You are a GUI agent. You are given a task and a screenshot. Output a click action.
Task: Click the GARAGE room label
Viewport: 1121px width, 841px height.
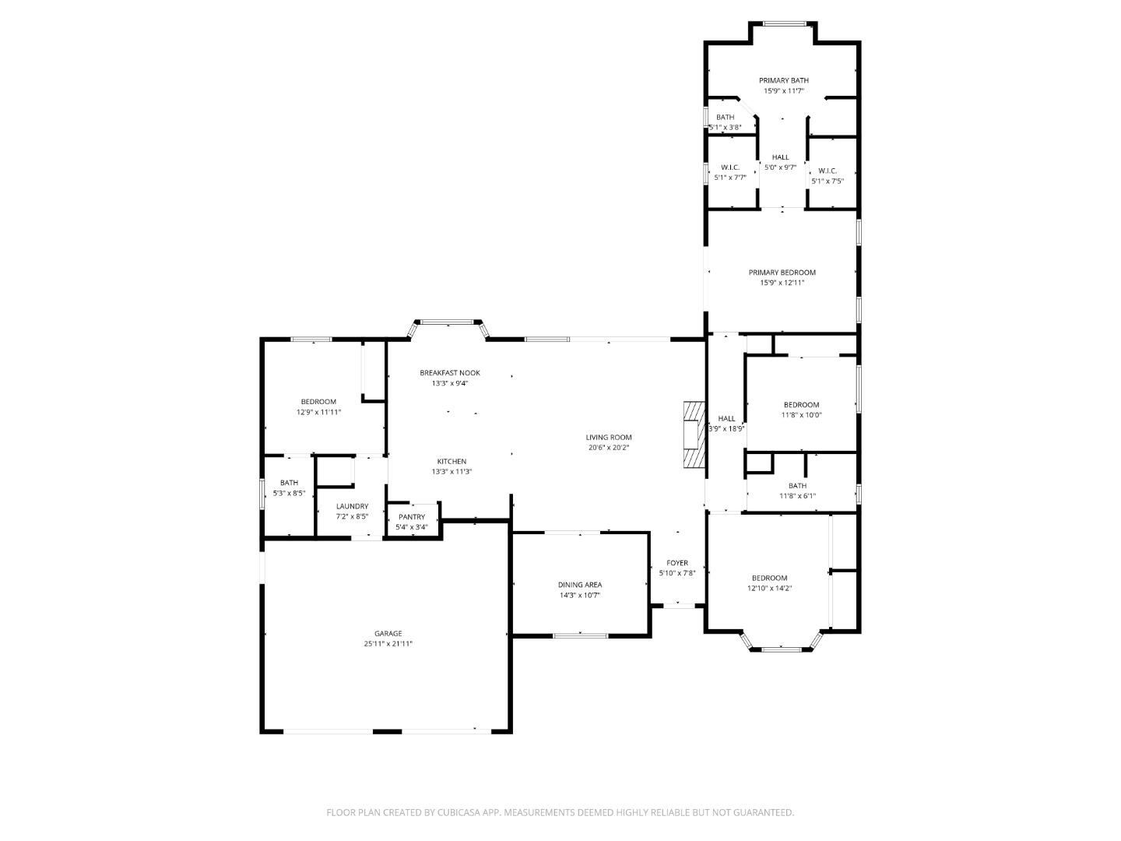387,633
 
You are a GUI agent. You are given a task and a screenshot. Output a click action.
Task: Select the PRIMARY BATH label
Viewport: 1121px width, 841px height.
783,80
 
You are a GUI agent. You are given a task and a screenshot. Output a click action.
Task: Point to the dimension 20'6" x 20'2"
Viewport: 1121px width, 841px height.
609,448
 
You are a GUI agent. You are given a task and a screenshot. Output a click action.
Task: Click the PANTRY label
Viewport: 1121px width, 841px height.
412,517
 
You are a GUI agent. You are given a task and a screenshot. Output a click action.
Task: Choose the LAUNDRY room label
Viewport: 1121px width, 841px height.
352,506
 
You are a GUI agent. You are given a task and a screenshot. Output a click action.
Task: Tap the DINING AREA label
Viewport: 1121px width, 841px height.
579,585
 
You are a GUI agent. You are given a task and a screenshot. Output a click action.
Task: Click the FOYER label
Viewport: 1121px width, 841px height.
676,563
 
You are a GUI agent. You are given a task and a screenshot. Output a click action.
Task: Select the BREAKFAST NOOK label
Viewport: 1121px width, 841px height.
449,373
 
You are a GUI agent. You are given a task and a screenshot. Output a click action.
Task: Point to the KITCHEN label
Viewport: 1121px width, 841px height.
452,462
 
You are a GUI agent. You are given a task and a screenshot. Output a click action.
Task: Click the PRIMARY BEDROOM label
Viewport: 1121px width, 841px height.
782,273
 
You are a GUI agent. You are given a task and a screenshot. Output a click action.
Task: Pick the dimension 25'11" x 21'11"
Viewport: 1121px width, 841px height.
387,644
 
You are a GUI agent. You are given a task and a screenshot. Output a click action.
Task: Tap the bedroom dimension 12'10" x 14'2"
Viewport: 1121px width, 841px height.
769,589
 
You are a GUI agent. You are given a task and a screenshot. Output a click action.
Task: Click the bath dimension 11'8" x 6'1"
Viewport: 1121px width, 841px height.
797,496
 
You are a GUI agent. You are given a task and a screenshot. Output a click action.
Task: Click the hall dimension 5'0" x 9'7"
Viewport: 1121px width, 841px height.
780,167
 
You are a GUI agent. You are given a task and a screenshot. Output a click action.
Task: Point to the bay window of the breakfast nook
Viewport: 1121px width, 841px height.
448,321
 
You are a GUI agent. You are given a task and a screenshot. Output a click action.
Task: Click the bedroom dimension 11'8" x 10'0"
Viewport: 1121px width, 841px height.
801,415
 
